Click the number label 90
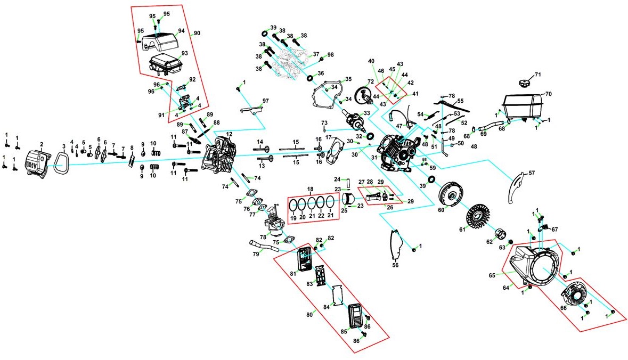[x=197, y=33]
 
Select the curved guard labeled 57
[x=515, y=186]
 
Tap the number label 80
[x=309, y=314]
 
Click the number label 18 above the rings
[x=311, y=189]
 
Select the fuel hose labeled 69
[x=485, y=128]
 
